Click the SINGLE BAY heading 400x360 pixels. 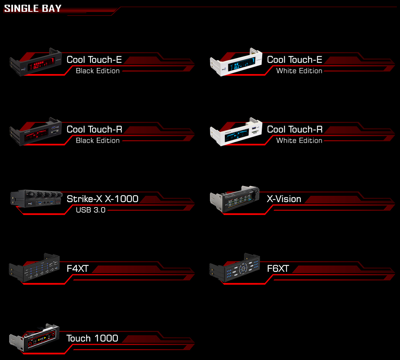click(33, 8)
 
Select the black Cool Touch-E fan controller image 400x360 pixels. click(35, 62)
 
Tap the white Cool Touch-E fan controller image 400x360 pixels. click(236, 62)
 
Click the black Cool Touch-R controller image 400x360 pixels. click(35, 132)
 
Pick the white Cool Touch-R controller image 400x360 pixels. click(236, 132)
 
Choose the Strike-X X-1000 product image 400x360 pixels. click(37, 198)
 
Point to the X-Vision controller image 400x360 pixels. click(235, 199)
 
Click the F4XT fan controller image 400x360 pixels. click(34, 268)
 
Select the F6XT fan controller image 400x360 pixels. click(234, 268)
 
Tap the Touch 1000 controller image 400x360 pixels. click(34, 338)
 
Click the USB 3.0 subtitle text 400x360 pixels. click(91, 210)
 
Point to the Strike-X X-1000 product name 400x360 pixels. click(102, 199)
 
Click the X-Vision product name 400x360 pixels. click(284, 199)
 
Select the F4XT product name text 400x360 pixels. click(78, 268)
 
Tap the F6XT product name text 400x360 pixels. click(278, 268)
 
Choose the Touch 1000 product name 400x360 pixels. click(92, 338)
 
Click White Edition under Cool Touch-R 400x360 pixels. click(299, 141)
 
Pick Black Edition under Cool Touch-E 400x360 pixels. click(98, 71)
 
